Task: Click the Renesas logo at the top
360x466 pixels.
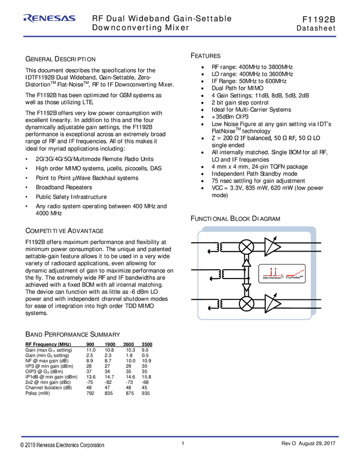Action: coord(49,19)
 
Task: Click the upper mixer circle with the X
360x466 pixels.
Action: coord(247,247)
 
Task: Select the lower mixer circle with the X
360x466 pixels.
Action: coord(247,303)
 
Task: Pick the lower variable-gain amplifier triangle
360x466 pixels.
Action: coord(272,303)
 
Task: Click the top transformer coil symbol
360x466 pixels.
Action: coord(219,247)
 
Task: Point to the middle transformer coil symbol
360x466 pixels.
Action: coord(219,273)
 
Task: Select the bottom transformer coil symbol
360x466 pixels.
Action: coord(219,304)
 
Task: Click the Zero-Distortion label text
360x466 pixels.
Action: coord(272,278)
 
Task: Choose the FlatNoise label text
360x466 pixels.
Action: coord(295,278)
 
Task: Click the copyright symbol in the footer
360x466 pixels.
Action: coord(22,445)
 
